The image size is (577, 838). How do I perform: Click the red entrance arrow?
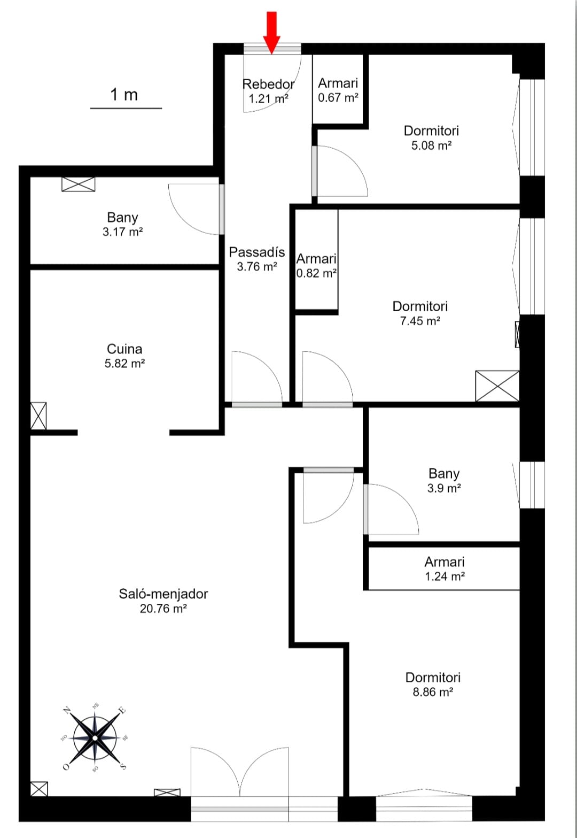pos(272,32)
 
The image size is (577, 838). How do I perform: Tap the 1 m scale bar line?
pos(126,109)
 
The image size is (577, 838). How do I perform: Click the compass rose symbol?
pos(95,737)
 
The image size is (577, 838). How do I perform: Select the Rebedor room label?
pos(268,84)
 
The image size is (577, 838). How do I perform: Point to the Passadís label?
pos(257,252)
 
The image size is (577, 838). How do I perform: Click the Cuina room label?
pos(124,349)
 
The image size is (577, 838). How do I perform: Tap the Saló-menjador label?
pos(163,594)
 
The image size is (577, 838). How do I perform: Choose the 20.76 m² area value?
pos(163,609)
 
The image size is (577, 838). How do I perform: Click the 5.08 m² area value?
pos(432,145)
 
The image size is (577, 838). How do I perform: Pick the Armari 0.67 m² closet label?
pos(338,90)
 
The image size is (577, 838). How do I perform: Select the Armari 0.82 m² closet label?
pos(316,266)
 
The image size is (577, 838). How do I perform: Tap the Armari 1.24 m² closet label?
pos(445,568)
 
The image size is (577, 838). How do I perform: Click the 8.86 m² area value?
pos(433,692)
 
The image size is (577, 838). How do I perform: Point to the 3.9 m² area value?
pos(444,488)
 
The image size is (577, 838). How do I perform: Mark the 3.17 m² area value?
pos(123,232)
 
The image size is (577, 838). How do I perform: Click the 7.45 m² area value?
pos(420,321)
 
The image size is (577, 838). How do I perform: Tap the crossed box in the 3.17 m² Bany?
pos(79,184)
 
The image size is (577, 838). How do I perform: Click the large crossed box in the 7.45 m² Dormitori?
pos(497,386)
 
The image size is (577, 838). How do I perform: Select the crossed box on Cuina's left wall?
pos(38,416)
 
